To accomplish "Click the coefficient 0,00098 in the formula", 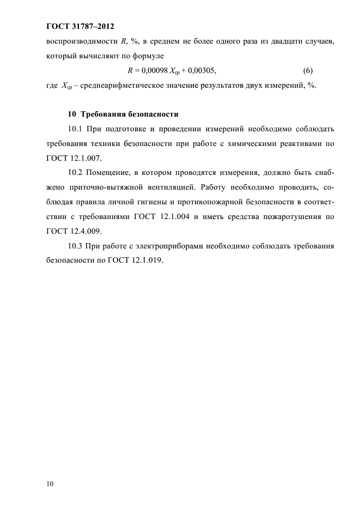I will click(155, 71).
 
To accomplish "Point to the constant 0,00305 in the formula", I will click(195, 71).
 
